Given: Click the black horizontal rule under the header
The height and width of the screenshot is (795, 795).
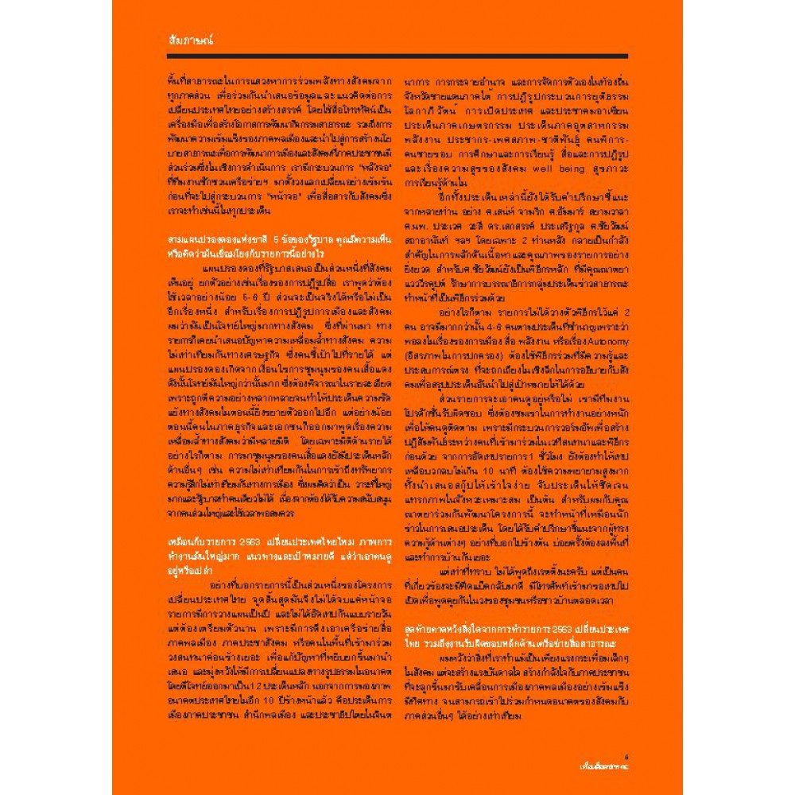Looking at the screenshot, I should click(397, 57).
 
